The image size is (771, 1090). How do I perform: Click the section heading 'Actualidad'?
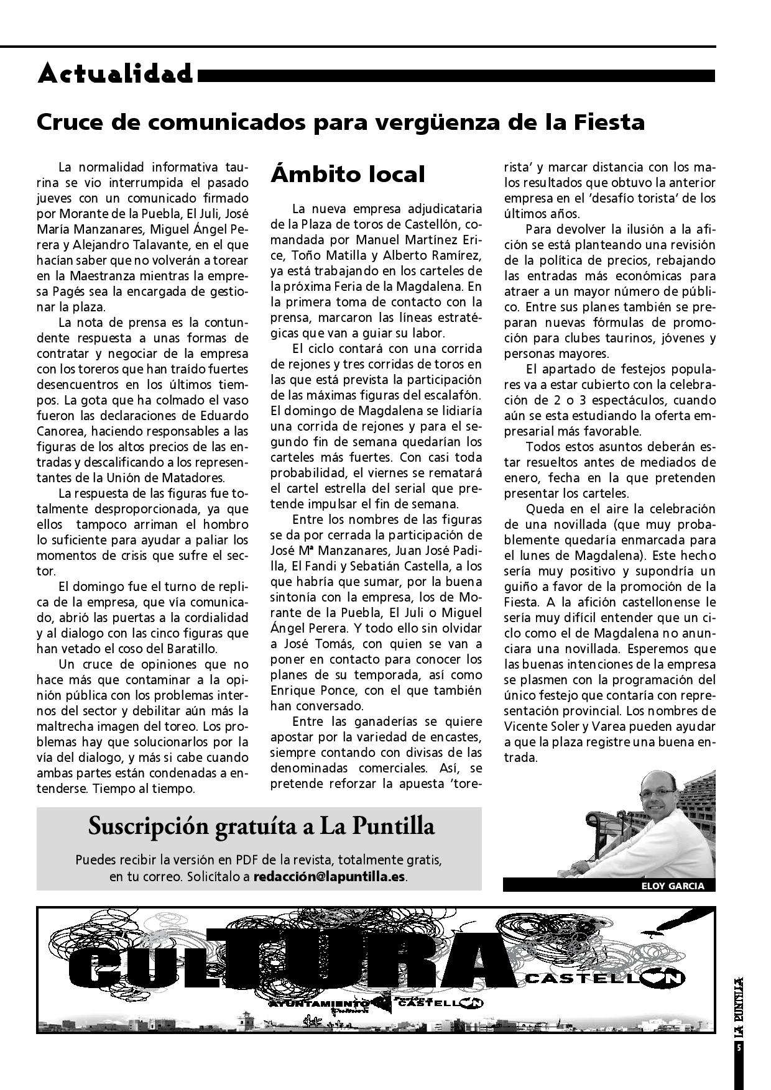115,74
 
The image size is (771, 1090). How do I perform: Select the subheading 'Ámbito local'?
348,174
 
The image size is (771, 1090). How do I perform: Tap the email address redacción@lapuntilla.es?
330,877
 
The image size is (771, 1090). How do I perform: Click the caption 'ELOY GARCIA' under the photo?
673,886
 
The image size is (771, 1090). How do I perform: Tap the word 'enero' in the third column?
522,478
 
